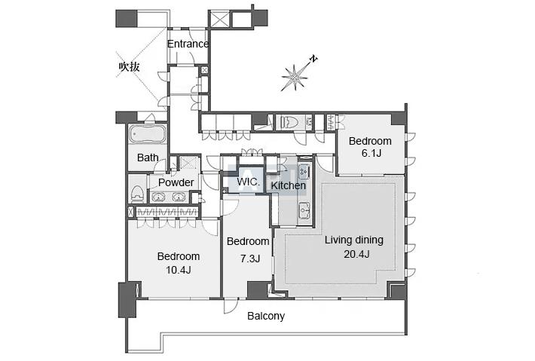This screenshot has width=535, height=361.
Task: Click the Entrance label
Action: (188, 44)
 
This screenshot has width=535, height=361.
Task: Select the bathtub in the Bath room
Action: (147, 133)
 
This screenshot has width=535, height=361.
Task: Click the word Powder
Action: (176, 182)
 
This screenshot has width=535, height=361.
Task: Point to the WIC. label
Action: (248, 181)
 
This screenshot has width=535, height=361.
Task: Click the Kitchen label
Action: (288, 185)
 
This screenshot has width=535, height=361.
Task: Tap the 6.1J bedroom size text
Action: (371, 153)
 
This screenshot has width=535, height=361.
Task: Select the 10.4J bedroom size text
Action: (178, 271)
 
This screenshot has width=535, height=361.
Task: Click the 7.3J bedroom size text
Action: (250, 259)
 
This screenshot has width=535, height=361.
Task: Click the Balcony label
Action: (266, 317)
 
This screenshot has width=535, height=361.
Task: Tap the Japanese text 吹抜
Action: (130, 66)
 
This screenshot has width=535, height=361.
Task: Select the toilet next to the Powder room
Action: (137, 194)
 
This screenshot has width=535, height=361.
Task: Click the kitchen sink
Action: (304, 210)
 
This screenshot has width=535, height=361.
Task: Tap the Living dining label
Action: (354, 240)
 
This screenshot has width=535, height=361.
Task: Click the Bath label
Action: (148, 158)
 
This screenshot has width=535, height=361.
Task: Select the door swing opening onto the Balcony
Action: (231, 306)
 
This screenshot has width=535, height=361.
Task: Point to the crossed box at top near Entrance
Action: (219, 19)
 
